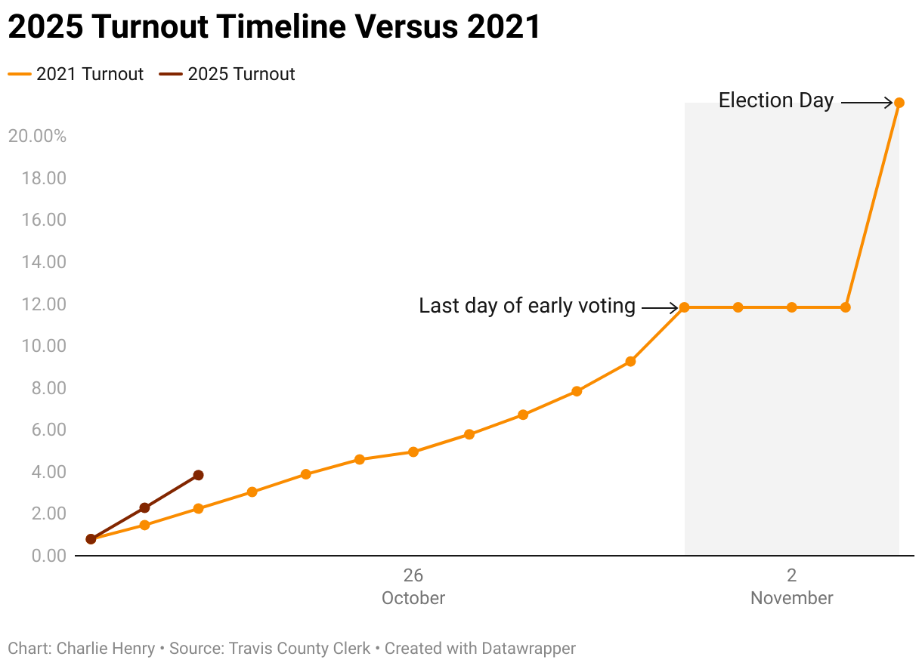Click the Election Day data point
pyautogui.click(x=899, y=103)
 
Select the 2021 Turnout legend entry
pyautogui.click(x=76, y=74)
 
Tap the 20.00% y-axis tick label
pyautogui.click(x=37, y=137)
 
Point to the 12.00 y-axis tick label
pyautogui.click(x=47, y=304)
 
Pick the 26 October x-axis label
pyautogui.click(x=413, y=587)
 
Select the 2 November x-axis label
pyautogui.click(x=791, y=587)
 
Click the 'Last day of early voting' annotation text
pyautogui.click(x=527, y=306)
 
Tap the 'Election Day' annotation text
pyautogui.click(x=775, y=100)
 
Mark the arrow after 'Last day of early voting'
pyautogui.click(x=660, y=307)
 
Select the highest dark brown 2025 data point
pyautogui.click(x=198, y=475)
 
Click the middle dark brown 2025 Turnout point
pyautogui.click(x=144, y=507)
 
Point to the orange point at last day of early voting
pyautogui.click(x=684, y=307)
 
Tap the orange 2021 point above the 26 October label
pyautogui.click(x=413, y=452)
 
